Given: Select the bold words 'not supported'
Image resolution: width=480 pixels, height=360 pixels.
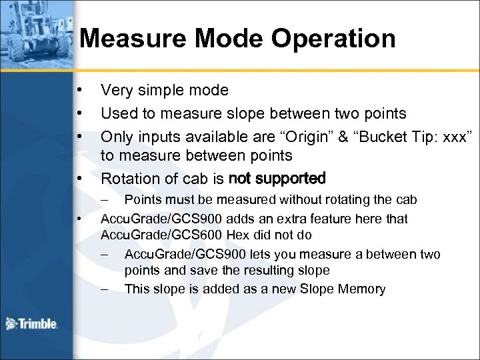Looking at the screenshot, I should pos(277,179).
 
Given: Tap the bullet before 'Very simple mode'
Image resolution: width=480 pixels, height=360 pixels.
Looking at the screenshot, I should pos(79,90).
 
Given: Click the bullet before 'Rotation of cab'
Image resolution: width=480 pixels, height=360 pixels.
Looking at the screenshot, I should pos(79,179).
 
